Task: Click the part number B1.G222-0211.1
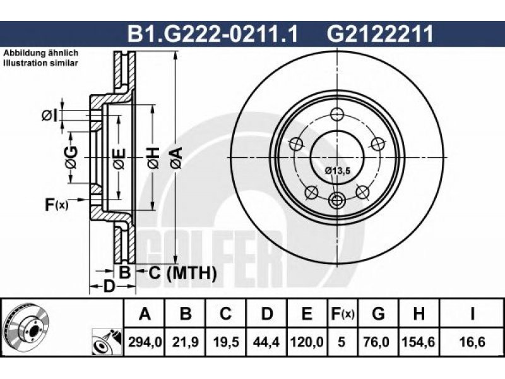tap(213, 34)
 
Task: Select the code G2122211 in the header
tap(380, 34)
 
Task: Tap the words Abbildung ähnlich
tap(41, 53)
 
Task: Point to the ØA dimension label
tap(177, 157)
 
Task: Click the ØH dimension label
tap(153, 157)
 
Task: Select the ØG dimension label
tap(71, 157)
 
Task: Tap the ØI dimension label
tap(49, 116)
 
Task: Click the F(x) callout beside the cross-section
tap(57, 204)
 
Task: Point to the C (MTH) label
tap(182, 273)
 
